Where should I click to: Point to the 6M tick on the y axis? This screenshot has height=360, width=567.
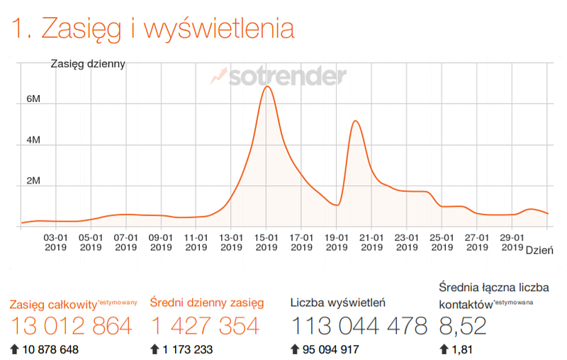click(34, 99)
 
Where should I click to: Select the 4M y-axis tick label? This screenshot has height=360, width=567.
click(34, 140)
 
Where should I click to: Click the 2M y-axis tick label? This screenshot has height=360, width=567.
click(34, 181)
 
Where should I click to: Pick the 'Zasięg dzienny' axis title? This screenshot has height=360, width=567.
click(88, 64)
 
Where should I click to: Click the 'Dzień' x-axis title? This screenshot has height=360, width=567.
click(539, 249)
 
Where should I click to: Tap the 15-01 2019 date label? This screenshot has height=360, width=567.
click(266, 242)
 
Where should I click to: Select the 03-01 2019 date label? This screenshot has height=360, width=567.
click(56, 242)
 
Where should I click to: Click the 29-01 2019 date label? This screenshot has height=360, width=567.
click(512, 242)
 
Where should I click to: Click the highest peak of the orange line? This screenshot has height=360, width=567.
click(266, 86)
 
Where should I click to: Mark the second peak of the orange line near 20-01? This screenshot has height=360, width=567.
click(355, 121)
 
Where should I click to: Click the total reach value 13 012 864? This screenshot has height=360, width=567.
click(71, 326)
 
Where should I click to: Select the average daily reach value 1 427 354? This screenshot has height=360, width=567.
click(205, 326)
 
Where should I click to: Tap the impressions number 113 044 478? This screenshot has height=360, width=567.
click(359, 326)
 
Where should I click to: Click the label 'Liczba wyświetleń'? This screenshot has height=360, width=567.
click(337, 303)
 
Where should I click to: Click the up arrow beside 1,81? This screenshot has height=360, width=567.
click(444, 349)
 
